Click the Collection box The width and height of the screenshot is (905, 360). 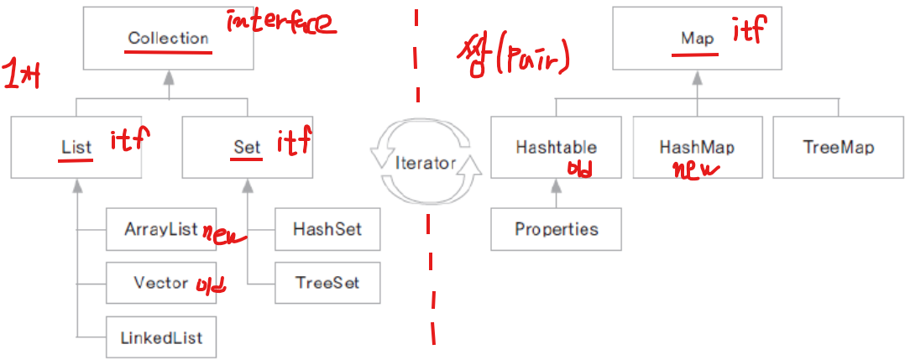(168, 39)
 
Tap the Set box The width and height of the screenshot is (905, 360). (248, 147)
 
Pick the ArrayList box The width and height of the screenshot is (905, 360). (161, 229)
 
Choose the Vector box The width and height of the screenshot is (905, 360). (161, 283)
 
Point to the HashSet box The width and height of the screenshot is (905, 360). (328, 229)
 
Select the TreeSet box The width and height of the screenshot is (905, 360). (328, 283)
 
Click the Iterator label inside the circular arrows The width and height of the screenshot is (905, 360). (425, 163)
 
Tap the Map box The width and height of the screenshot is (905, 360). (698, 39)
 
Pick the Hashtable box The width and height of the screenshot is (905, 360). (556, 147)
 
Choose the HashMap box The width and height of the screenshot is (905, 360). (697, 147)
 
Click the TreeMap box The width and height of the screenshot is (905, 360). (838, 147)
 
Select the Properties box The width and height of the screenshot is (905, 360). (556, 229)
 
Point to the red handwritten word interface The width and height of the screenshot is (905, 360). (280, 23)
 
